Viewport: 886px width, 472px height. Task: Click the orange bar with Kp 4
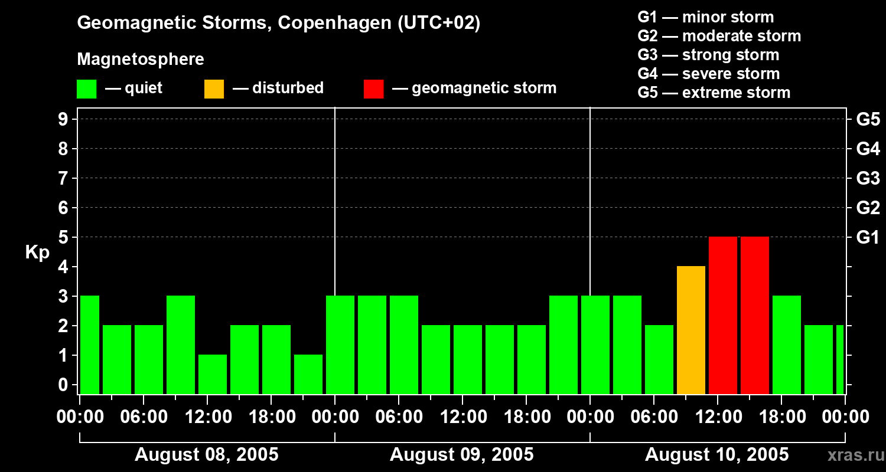point(691,330)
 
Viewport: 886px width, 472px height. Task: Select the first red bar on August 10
point(723,315)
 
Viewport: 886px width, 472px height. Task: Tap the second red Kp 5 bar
point(755,315)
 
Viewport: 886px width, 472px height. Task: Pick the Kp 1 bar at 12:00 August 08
point(213,374)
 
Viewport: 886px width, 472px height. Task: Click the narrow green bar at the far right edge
point(840,359)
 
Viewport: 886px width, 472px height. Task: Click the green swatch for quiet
point(87,89)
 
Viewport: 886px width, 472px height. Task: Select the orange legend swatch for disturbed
point(214,89)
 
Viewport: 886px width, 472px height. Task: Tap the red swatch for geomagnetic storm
point(374,89)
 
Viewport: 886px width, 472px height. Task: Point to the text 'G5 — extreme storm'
point(714,93)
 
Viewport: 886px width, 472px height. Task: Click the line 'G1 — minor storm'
point(705,17)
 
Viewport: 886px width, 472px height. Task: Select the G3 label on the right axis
point(868,178)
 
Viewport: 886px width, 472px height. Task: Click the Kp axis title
point(37,253)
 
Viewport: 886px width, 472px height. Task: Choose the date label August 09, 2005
point(462,455)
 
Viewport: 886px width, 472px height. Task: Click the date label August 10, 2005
point(717,455)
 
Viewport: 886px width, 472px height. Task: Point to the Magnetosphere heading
point(141,60)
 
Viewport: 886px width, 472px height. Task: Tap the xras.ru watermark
point(851,455)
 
